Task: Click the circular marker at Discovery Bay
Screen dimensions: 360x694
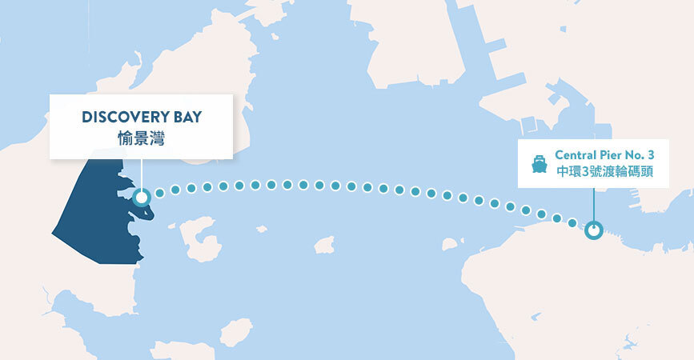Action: click(x=142, y=198)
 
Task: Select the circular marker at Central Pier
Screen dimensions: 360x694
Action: click(x=593, y=230)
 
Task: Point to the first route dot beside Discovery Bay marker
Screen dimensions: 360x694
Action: click(x=159, y=193)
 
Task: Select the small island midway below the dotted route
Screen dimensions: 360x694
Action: click(x=324, y=245)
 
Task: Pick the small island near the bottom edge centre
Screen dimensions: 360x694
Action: click(x=236, y=331)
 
